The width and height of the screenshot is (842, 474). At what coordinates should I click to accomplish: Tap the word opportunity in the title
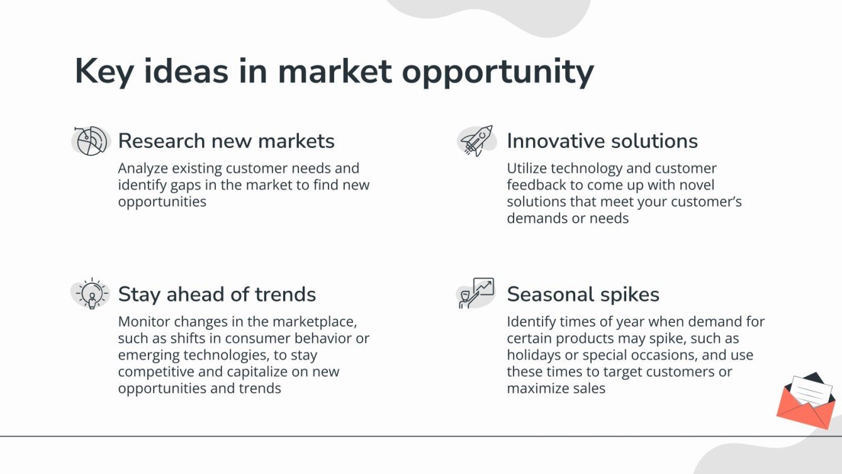pyautogui.click(x=498, y=73)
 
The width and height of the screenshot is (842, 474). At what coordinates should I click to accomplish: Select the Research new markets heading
pyautogui.click(x=227, y=141)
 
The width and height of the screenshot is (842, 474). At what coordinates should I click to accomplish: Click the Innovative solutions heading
pyautogui.click(x=602, y=141)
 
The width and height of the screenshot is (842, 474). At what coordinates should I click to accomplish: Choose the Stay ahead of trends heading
pyautogui.click(x=217, y=294)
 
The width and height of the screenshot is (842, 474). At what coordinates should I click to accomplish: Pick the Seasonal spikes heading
pyautogui.click(x=583, y=294)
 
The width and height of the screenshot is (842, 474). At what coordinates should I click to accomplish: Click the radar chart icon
pyautogui.click(x=91, y=141)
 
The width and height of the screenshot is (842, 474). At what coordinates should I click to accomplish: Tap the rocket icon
pyautogui.click(x=476, y=140)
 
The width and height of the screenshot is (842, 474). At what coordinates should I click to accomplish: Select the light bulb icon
pyautogui.click(x=91, y=293)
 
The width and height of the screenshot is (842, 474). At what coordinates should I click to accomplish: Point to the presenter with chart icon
pyautogui.click(x=476, y=293)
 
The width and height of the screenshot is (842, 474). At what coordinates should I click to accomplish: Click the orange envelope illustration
pyautogui.click(x=806, y=400)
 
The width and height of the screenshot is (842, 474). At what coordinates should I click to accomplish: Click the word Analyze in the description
pyautogui.click(x=143, y=169)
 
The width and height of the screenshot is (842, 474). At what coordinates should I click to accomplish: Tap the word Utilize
pyautogui.click(x=527, y=168)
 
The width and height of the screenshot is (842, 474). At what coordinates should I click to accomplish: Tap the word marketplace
pyautogui.click(x=314, y=322)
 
